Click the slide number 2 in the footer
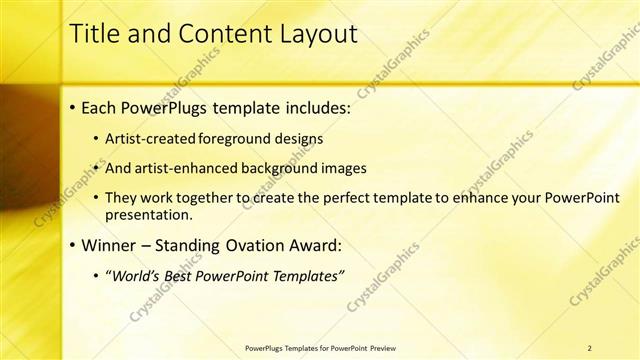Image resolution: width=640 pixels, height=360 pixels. [x=589, y=348]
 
